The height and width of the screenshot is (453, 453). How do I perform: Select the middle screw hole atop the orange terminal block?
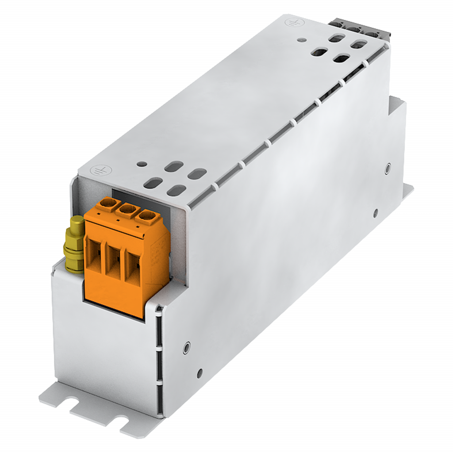coord(127,210)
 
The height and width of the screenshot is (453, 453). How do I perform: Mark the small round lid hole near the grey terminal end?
coord(302,39)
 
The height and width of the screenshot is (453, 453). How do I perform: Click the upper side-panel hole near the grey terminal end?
coord(388,168)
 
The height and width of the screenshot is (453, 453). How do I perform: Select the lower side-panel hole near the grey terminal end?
coord(376,212)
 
